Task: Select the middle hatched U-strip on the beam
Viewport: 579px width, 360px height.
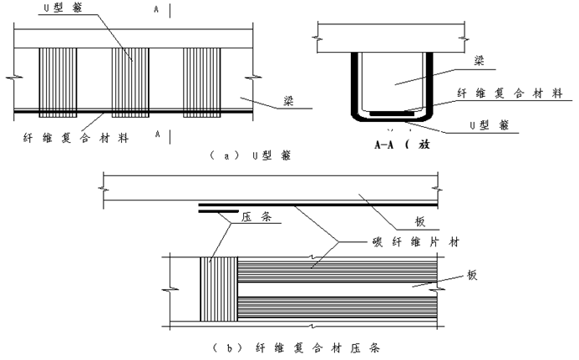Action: point(130,79)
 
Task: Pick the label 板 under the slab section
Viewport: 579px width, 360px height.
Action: point(420,221)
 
